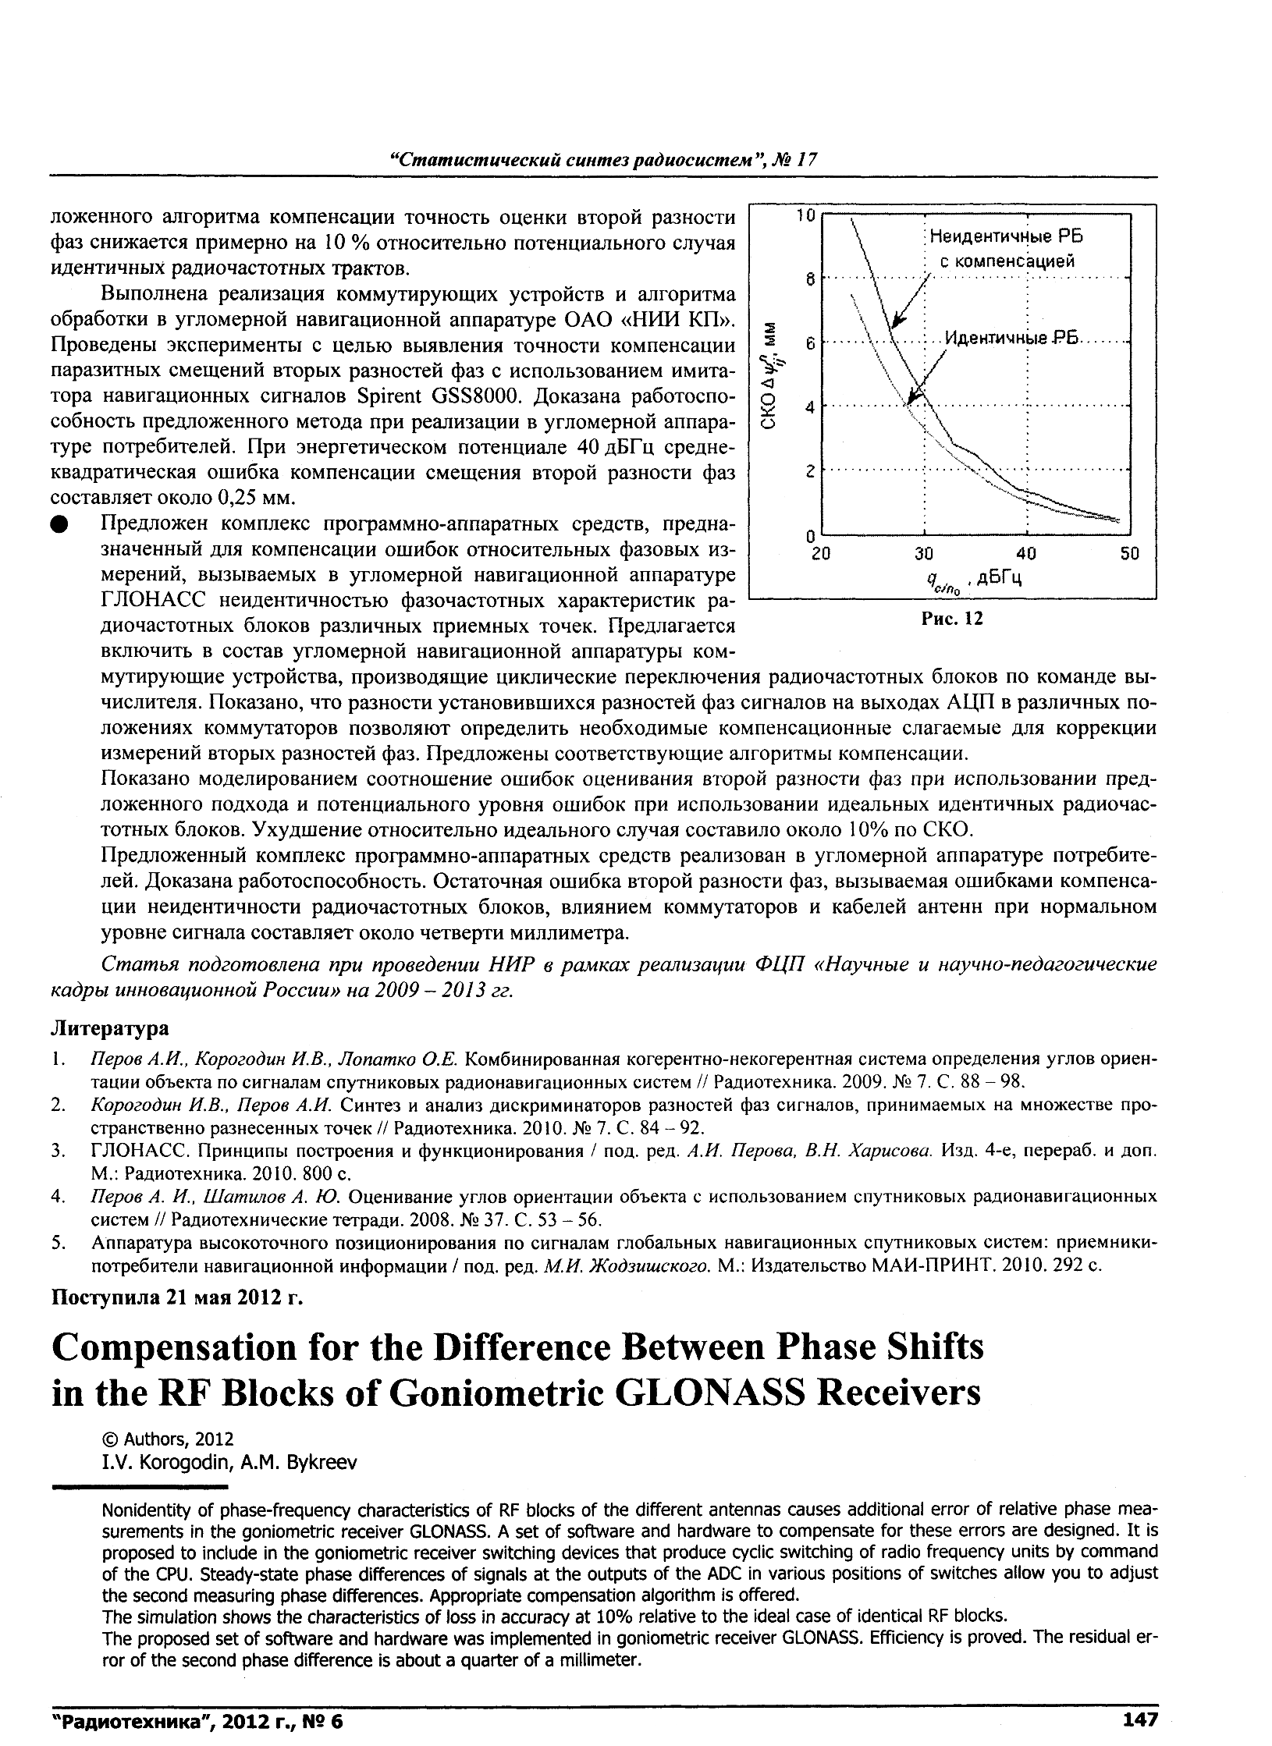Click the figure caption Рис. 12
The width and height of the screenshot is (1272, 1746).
tap(951, 619)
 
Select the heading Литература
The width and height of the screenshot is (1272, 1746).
tap(109, 1028)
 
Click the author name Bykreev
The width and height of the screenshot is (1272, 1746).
tap(322, 1462)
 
